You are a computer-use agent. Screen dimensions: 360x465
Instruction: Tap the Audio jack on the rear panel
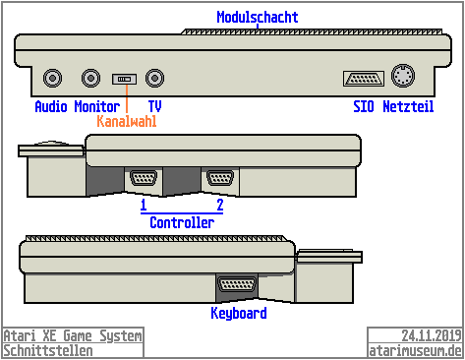52,77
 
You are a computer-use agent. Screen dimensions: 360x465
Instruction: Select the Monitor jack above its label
91,77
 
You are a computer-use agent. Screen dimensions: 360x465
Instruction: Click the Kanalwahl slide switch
124,78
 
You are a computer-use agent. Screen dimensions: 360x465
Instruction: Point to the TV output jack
154,77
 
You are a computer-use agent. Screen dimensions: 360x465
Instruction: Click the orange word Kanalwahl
127,122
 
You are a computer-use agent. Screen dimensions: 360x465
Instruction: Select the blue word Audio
52,106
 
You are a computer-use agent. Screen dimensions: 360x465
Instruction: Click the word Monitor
97,106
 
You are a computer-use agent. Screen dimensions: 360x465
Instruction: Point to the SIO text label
363,106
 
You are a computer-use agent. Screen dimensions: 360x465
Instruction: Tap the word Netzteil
408,106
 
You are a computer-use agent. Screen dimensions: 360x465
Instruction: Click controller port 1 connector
143,179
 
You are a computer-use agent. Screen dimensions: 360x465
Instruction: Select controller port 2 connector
219,179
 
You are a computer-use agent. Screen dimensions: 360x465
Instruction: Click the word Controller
182,223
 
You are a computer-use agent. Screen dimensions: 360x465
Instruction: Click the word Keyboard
239,314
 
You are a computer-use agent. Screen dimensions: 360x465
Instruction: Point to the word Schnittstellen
48,350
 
